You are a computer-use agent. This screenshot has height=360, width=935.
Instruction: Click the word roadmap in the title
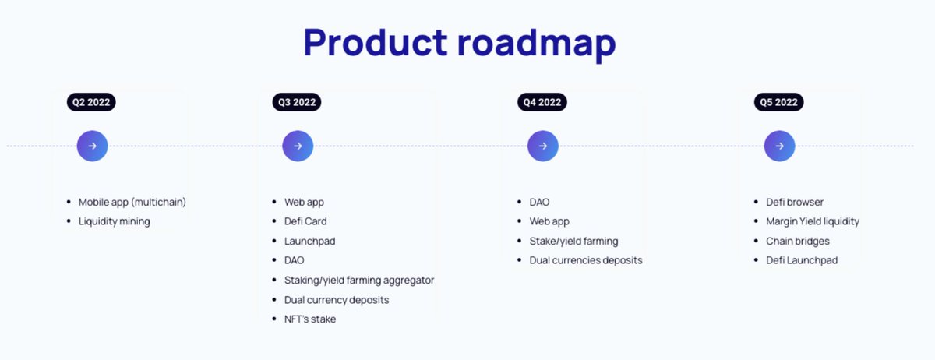coord(537,42)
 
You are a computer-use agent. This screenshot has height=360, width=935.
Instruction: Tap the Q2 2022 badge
coord(91,102)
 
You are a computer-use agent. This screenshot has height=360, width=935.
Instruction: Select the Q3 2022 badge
coord(297,102)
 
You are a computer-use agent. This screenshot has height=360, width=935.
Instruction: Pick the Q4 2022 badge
coord(542,102)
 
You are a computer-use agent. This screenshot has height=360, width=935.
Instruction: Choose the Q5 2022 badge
coord(778,102)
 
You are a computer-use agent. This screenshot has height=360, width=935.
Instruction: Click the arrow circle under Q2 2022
coord(92,146)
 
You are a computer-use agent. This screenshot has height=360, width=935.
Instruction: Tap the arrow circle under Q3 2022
coord(298,146)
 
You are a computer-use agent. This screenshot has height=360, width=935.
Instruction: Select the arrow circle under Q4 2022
coord(542,146)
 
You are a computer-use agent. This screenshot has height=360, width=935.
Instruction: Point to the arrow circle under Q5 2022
coord(779,146)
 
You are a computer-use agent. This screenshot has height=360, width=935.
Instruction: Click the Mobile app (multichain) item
coord(132,202)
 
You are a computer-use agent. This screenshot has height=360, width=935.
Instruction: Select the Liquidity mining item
coord(114,221)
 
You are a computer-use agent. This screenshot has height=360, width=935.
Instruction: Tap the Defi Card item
coord(305,221)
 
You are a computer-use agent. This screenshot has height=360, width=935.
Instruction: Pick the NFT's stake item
coord(309,319)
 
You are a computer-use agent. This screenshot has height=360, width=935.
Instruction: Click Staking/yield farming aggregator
coord(358,280)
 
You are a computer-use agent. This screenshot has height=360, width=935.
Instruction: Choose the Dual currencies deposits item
coord(585,260)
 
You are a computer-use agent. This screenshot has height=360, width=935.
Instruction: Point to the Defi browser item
coord(794,202)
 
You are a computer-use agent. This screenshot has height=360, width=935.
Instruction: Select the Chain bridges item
coord(797,241)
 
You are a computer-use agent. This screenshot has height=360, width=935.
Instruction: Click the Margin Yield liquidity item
coord(812,221)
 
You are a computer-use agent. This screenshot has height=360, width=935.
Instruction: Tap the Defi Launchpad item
coord(801,260)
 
